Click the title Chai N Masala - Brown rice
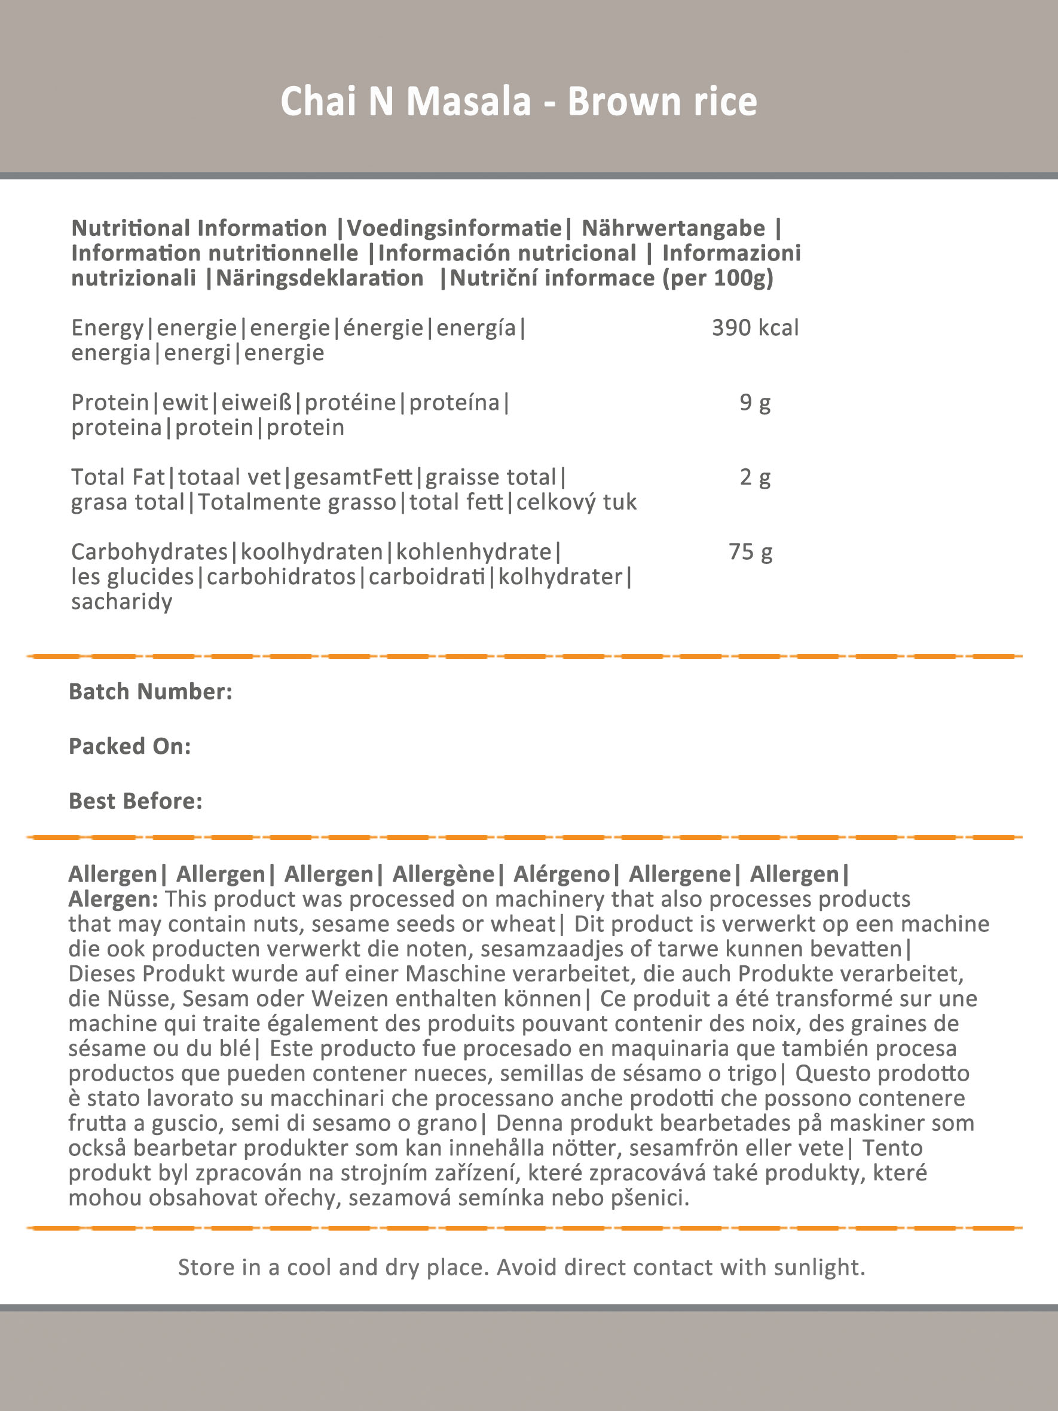click(x=519, y=102)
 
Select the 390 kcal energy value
click(x=755, y=328)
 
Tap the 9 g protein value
click(x=755, y=403)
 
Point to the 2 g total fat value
click(x=755, y=477)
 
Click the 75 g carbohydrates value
click(x=750, y=552)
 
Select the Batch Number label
click(x=151, y=692)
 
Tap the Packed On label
click(x=130, y=746)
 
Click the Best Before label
click(x=135, y=801)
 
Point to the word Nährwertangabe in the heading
click(x=672, y=228)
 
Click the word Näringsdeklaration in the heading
click(x=320, y=278)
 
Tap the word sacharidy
click(x=122, y=602)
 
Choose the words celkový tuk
click(x=576, y=502)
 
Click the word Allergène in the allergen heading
click(x=444, y=874)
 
